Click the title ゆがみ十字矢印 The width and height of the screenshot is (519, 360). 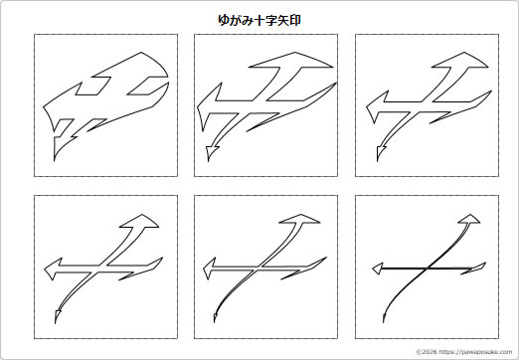(x=259, y=19)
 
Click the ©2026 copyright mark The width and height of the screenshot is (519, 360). (x=426, y=351)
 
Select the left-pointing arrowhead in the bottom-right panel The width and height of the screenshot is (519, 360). (x=377, y=269)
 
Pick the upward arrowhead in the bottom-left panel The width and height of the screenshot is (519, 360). (x=142, y=221)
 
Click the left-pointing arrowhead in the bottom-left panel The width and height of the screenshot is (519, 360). (x=52, y=269)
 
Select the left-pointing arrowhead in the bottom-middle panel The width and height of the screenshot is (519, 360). (x=212, y=268)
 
